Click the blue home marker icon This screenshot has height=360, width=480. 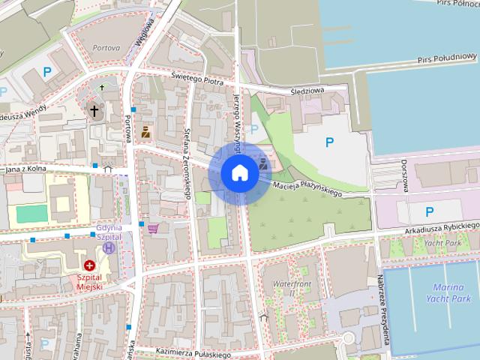239,173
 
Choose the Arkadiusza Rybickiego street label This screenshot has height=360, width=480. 442,226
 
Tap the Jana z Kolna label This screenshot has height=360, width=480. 26,169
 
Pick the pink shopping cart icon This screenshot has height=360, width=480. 154,229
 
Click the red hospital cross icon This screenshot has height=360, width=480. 89,265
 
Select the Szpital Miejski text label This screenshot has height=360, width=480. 89,282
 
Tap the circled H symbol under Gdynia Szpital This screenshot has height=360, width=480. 109,247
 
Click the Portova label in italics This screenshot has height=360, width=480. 106,48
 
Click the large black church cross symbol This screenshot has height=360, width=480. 94,112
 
